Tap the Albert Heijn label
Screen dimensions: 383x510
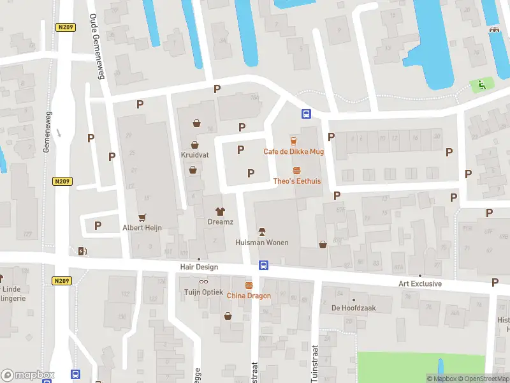[x=142, y=228]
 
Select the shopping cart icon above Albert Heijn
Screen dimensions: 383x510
[x=142, y=217]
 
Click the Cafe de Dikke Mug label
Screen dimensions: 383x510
[x=294, y=151]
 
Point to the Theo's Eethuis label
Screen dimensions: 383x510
[x=296, y=181]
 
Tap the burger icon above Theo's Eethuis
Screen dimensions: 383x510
[x=296, y=170]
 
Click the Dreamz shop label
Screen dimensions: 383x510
[x=221, y=222]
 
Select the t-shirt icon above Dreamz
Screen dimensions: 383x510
[x=221, y=211]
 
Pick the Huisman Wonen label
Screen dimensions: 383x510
[x=261, y=243]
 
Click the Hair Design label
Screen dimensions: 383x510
[x=199, y=267]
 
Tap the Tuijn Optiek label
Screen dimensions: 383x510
[x=204, y=292]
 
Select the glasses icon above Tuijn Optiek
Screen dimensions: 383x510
[x=204, y=282]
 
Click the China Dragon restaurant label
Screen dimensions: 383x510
[x=249, y=296]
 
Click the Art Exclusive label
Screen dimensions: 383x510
[x=420, y=283]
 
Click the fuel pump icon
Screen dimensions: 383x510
[x=82, y=251]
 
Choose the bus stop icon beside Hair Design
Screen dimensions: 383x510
[x=263, y=265]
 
